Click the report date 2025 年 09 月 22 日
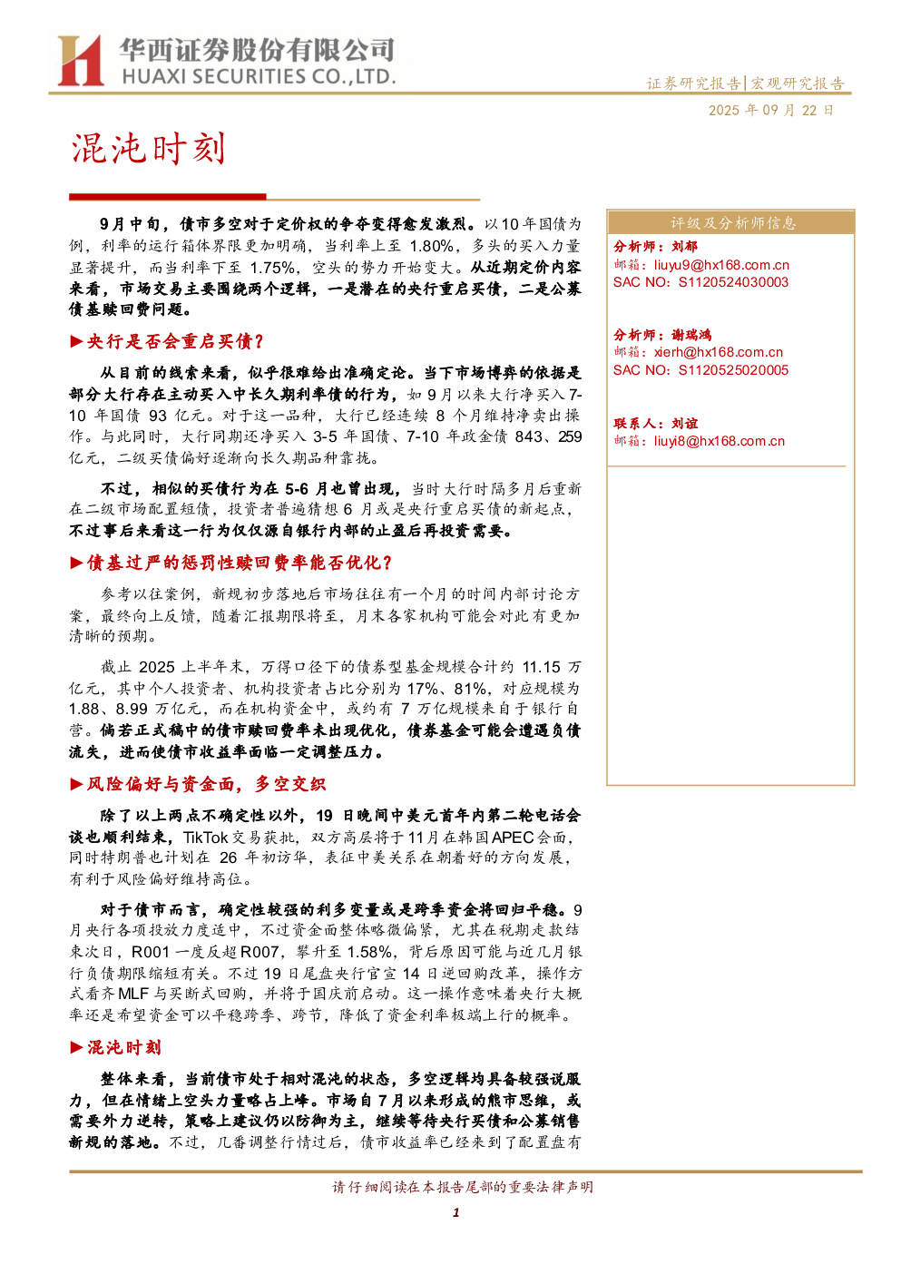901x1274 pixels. [770, 110]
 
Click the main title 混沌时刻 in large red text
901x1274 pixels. [149, 149]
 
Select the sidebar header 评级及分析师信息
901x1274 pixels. [732, 223]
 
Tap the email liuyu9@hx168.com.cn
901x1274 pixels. [721, 265]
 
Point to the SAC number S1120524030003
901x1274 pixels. [733, 282]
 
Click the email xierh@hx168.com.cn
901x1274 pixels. [718, 352]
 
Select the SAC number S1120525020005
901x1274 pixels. [733, 370]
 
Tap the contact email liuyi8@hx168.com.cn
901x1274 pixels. [719, 441]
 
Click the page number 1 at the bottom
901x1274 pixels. [455, 1212]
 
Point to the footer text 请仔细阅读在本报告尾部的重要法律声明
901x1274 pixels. [463, 1187]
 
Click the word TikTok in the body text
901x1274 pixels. [205, 838]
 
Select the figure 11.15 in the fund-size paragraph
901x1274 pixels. [541, 667]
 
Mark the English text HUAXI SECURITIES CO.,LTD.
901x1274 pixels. [259, 76]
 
